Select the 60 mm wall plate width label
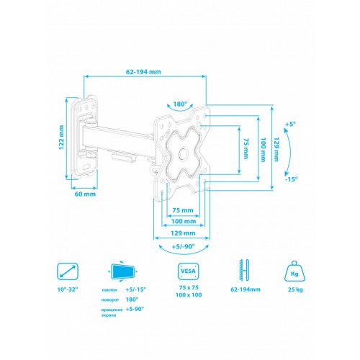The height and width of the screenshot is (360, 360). (84, 194)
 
